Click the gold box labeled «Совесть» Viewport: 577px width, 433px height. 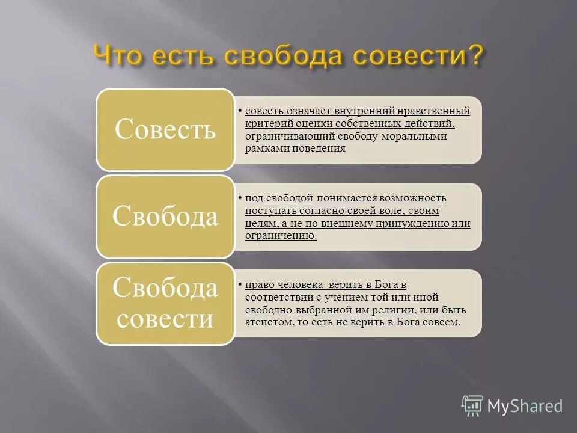[x=165, y=129]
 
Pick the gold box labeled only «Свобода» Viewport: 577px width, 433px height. [x=165, y=216]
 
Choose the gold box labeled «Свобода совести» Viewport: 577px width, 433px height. [x=165, y=304]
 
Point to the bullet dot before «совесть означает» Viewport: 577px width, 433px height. [x=240, y=111]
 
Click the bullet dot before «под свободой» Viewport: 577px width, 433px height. [x=240, y=198]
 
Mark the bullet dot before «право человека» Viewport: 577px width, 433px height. [x=240, y=284]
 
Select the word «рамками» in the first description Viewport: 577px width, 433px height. [x=267, y=149]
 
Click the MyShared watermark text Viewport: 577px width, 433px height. [x=525, y=406]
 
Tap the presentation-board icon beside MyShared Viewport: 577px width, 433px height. [x=472, y=406]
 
